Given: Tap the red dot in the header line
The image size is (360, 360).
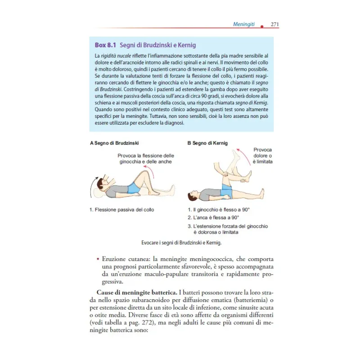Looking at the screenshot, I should (261, 28).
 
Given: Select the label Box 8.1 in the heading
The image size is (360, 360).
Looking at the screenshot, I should (105, 45).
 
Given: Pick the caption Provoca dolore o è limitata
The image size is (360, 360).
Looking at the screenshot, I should (263, 156).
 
